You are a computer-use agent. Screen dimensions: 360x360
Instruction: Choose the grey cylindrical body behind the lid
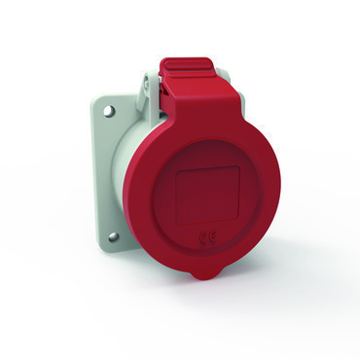pos(144,195)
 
